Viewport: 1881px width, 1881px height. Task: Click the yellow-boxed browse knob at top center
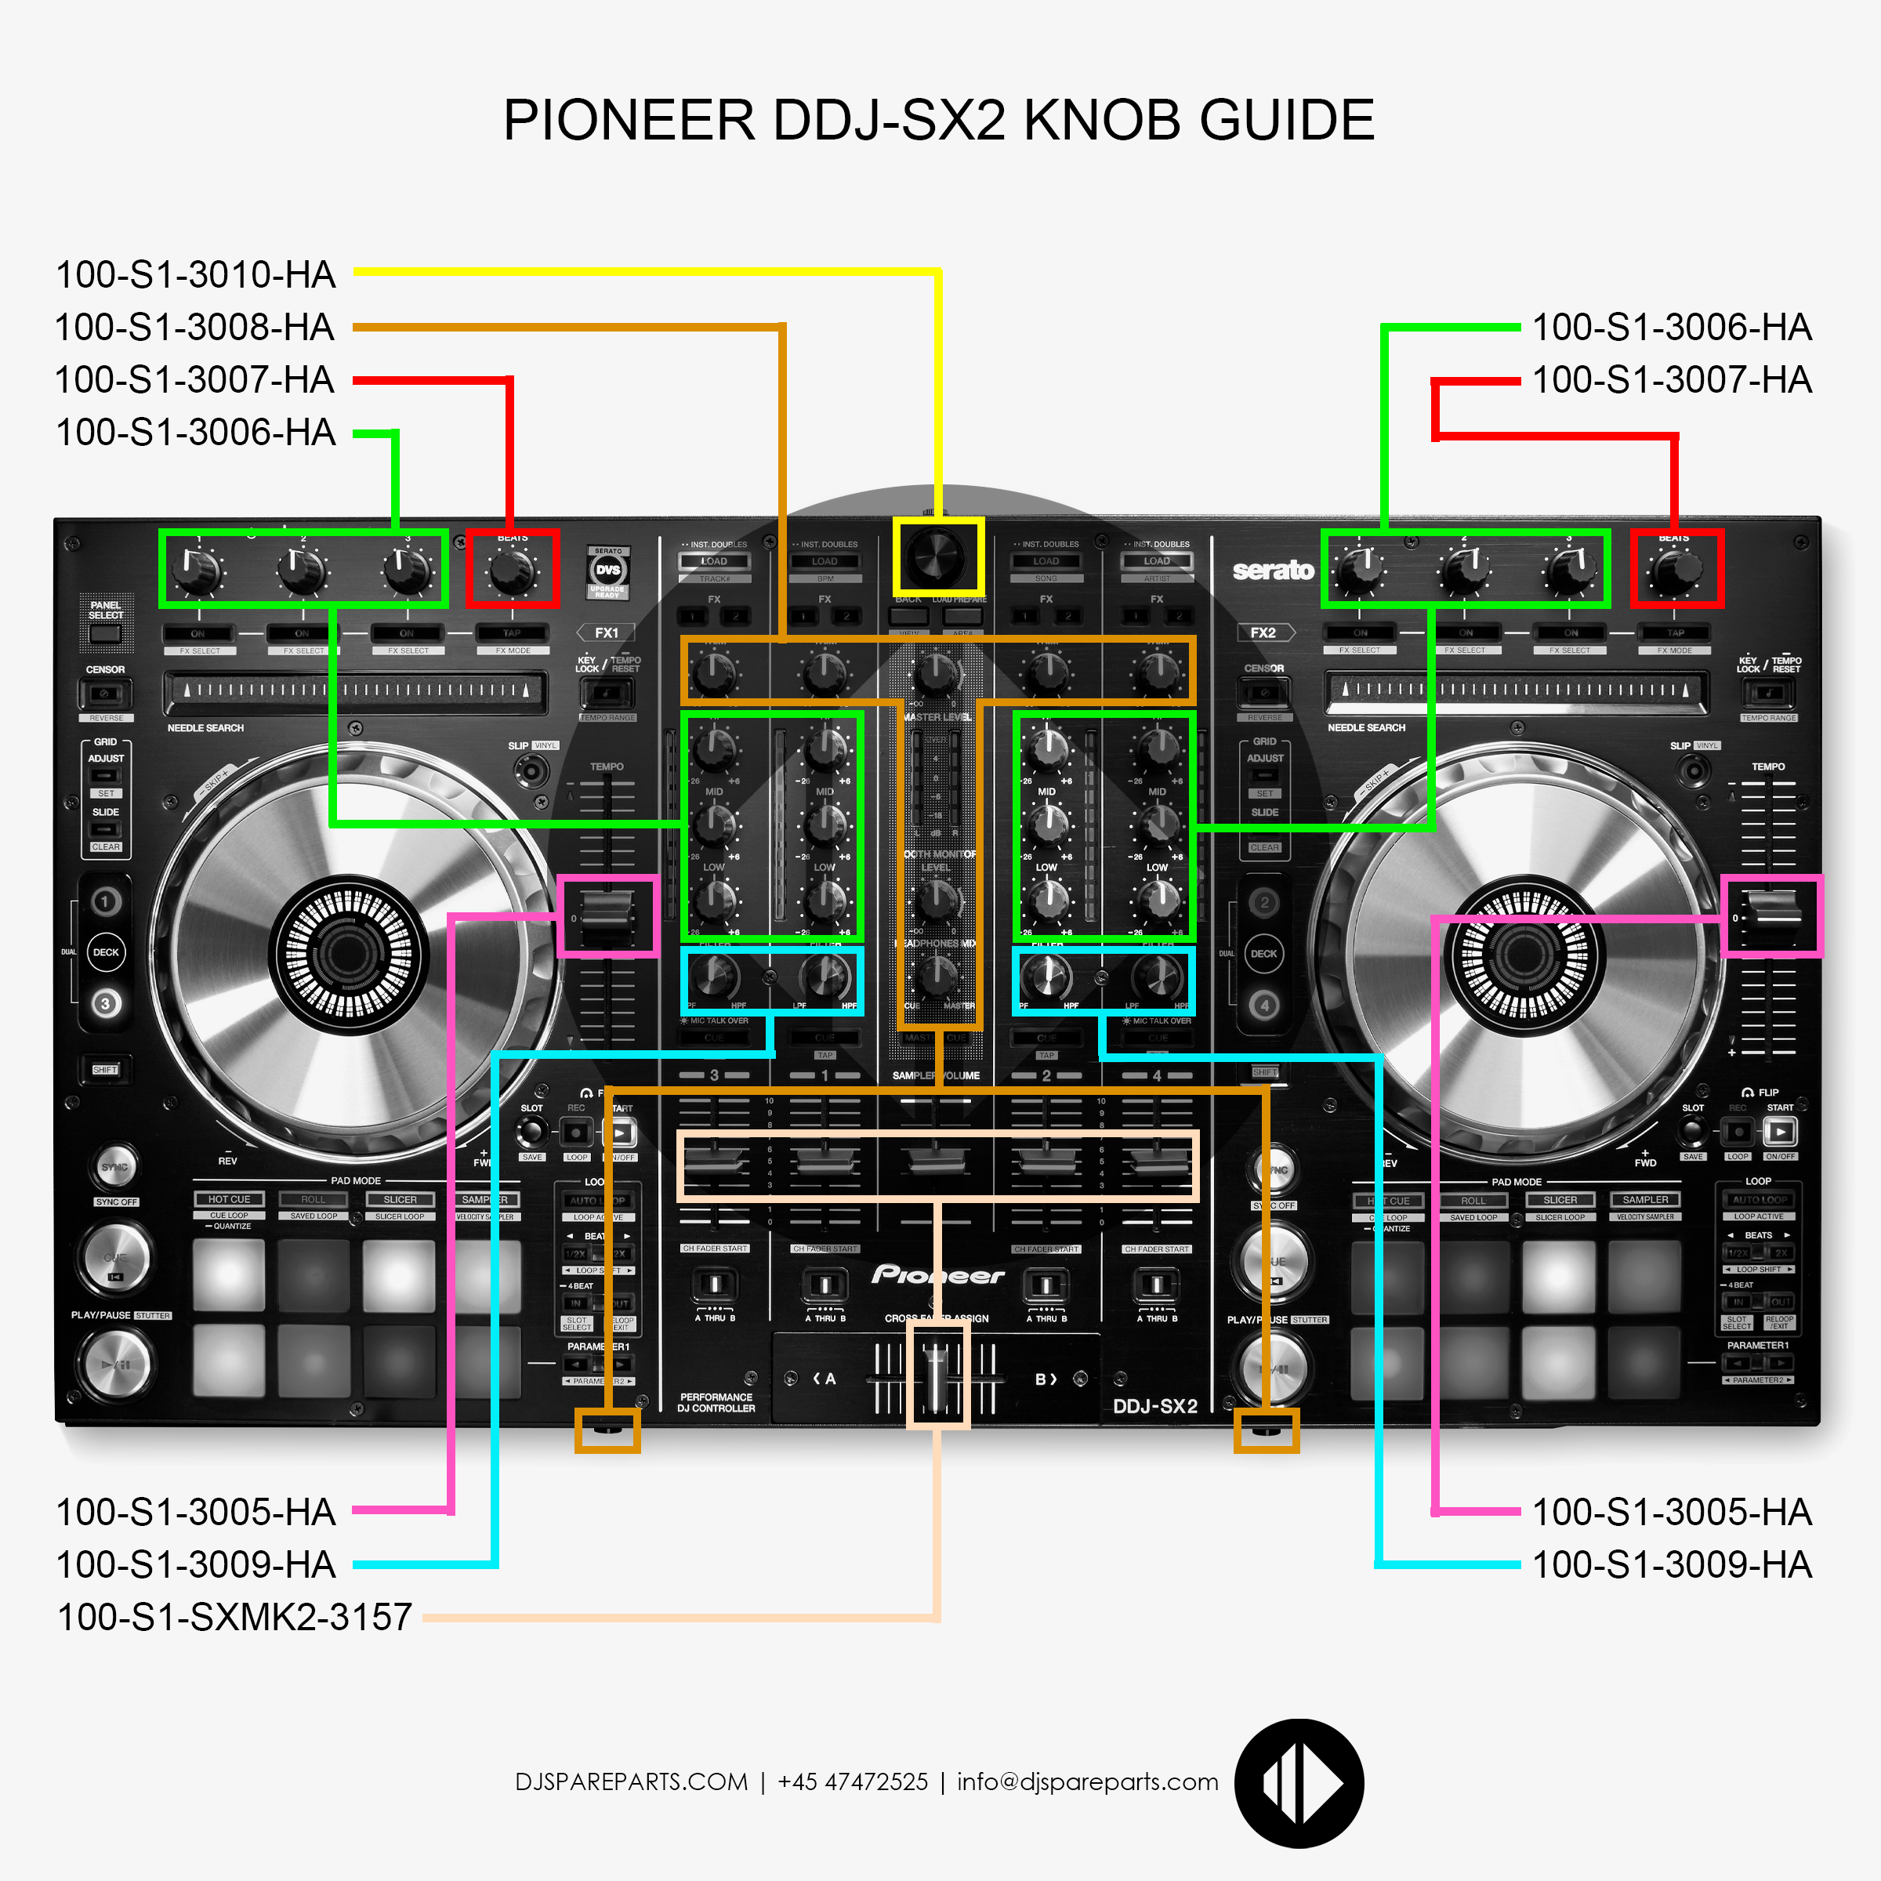(x=937, y=558)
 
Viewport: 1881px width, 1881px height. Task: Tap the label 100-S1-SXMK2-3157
(x=234, y=1617)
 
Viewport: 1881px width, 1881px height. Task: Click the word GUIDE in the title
(x=1286, y=121)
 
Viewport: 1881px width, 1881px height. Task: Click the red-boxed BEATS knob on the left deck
(x=512, y=570)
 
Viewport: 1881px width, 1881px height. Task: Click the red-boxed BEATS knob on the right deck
(x=1676, y=570)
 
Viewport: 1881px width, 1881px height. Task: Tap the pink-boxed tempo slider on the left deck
(x=607, y=916)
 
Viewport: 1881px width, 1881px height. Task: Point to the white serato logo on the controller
(x=1273, y=571)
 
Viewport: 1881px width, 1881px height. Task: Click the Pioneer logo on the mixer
(x=937, y=1274)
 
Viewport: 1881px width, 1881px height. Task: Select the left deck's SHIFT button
(x=105, y=1070)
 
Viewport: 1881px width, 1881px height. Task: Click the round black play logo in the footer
(x=1299, y=1783)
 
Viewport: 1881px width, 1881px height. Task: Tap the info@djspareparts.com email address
(x=1088, y=1781)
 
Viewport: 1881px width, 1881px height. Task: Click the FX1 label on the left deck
(x=607, y=632)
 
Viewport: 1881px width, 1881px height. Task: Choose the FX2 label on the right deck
(x=1263, y=632)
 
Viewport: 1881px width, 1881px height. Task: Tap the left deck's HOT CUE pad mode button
(x=229, y=1199)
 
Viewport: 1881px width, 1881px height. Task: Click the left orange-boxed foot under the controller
(x=607, y=1430)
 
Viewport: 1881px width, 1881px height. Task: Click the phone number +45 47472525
(x=853, y=1781)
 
